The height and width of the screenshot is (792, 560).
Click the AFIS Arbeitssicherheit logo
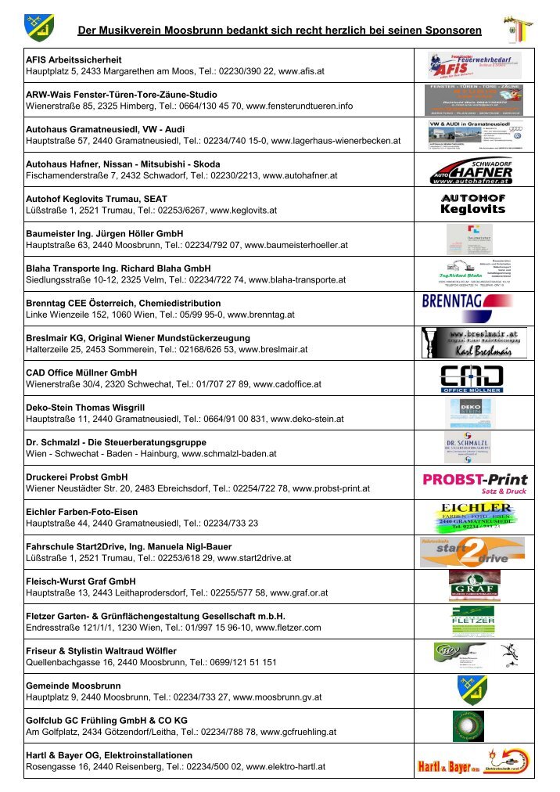[474, 65]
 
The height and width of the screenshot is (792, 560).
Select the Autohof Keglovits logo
[473, 204]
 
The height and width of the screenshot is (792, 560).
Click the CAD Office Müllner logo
[471, 377]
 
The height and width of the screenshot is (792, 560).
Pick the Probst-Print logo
[475, 482]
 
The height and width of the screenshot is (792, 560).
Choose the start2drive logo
[472, 552]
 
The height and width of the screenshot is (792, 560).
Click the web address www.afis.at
[301, 70]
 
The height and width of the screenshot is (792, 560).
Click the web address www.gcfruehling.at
[298, 733]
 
